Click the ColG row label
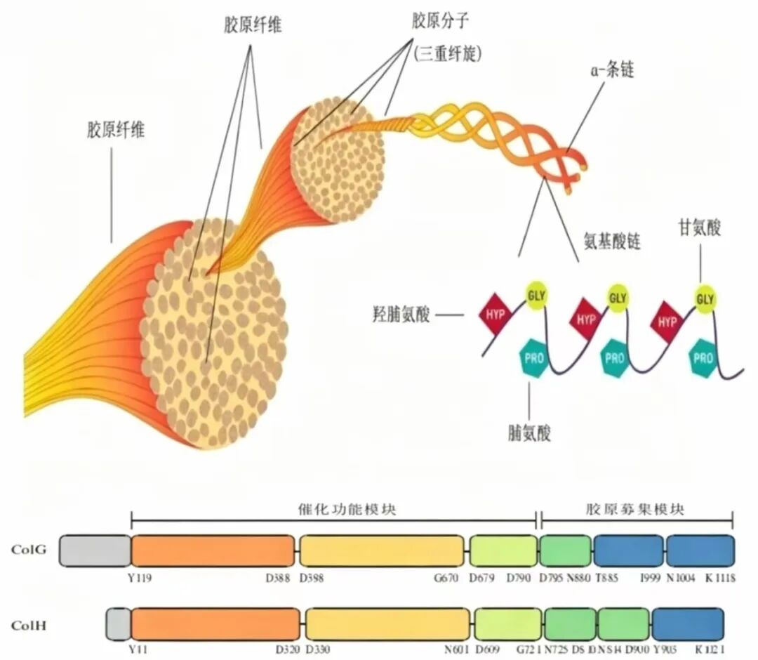tap(29, 550)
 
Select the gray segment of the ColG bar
tap(95, 550)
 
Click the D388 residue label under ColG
tap(279, 578)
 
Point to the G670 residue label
tap(448, 578)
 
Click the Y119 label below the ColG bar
tap(141, 578)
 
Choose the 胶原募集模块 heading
tap(635, 508)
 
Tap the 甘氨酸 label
tap(699, 227)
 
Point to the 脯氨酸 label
tap(529, 433)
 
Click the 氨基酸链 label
tap(613, 242)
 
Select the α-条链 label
tap(613, 71)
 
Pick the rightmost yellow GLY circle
tap(705, 298)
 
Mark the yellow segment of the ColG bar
tap(382, 550)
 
